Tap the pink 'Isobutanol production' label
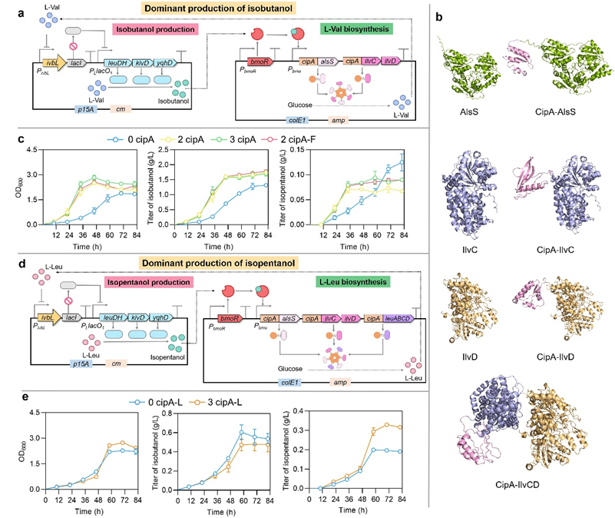(154, 29)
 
